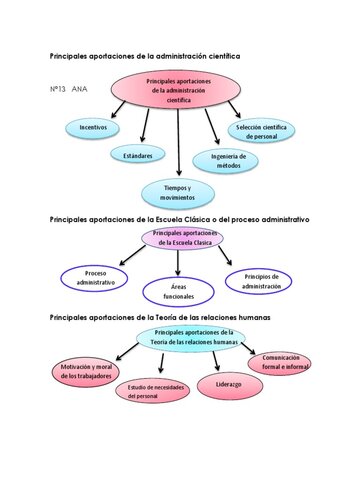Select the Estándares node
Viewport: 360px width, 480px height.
point(137,156)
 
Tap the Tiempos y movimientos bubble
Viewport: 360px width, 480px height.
point(178,193)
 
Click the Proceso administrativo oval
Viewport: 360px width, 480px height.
point(95,277)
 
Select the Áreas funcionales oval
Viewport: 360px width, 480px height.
point(178,291)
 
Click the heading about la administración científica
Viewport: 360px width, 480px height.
point(145,56)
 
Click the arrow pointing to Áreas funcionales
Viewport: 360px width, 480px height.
point(178,262)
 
